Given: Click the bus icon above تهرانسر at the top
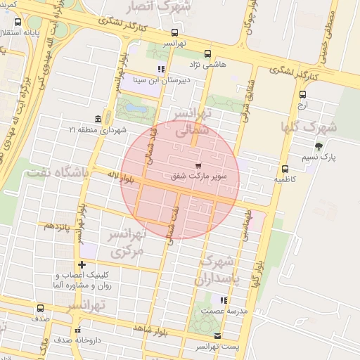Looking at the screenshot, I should click(x=174, y=32).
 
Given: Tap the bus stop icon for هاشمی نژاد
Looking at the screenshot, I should click(x=207, y=53).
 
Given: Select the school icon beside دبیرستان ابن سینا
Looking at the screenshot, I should click(x=161, y=69).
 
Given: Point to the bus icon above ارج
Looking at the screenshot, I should click(x=303, y=94).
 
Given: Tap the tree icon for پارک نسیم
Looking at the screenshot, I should click(x=319, y=146).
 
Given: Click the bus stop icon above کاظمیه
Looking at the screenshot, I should click(x=285, y=169).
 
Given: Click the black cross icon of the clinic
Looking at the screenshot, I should click(x=82, y=264).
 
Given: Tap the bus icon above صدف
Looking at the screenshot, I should click(x=39, y=308).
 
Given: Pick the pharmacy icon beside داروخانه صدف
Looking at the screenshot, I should click(x=77, y=329).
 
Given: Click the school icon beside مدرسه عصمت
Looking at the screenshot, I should click(x=205, y=310).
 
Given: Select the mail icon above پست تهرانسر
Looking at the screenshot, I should click(x=217, y=336).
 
